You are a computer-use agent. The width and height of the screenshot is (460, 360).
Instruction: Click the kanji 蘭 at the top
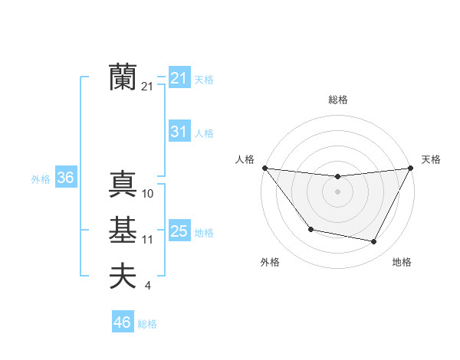pyautogui.click(x=123, y=77)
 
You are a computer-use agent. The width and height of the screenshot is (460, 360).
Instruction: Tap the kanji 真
pyautogui.click(x=123, y=185)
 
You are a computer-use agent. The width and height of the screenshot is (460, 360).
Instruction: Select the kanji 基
pyautogui.click(x=123, y=231)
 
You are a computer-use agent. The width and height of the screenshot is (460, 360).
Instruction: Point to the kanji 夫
pyautogui.click(x=123, y=277)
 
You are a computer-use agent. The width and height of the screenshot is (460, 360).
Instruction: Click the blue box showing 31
pyautogui.click(x=179, y=132)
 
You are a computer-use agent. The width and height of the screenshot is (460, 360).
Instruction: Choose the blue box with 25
pyautogui.click(x=179, y=231)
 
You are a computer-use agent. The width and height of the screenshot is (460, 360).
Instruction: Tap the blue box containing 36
pyautogui.click(x=66, y=178)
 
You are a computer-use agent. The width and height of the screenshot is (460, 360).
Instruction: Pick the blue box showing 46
pyautogui.click(x=123, y=322)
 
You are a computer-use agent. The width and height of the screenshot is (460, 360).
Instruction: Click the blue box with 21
pyautogui.click(x=179, y=78)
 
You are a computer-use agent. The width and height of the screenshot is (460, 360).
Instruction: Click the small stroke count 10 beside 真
pyautogui.click(x=148, y=194)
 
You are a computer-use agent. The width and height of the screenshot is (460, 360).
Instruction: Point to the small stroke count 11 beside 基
pyautogui.click(x=148, y=240)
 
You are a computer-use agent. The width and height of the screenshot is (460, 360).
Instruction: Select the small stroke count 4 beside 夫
pyautogui.click(x=148, y=286)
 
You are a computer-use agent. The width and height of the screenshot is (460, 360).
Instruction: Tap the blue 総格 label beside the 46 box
pyautogui.click(x=147, y=324)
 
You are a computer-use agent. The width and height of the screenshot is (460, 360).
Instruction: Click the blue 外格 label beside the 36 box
pyautogui.click(x=41, y=179)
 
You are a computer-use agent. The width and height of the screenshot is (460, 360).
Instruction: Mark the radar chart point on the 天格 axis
pyautogui.click(x=411, y=168)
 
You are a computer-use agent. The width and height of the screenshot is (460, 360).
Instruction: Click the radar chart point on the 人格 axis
pyautogui.click(x=264, y=168)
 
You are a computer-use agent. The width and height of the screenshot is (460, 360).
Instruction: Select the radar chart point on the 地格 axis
pyautogui.click(x=374, y=242)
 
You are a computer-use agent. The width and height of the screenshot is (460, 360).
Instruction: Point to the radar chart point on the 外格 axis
pyautogui.click(x=310, y=229)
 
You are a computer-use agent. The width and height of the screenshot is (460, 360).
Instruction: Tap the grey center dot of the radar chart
pyautogui.click(x=337, y=191)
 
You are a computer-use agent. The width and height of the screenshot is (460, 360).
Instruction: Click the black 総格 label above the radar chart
pyautogui.click(x=337, y=100)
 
